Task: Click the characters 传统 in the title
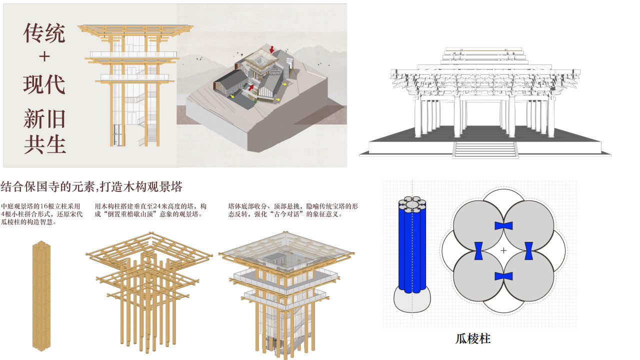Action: pyautogui.click(x=44, y=33)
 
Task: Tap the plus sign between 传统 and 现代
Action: pyautogui.click(x=44, y=56)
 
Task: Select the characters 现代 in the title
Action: pyautogui.click(x=44, y=84)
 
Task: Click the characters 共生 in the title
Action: pyautogui.click(x=45, y=144)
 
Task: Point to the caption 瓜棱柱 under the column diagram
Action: pyautogui.click(x=473, y=339)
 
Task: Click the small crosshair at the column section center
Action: pyautogui.click(x=503, y=250)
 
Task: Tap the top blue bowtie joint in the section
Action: pyautogui.click(x=503, y=225)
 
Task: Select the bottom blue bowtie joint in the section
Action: pyautogui.click(x=503, y=276)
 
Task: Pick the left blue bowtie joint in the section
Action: pyautogui.click(x=478, y=251)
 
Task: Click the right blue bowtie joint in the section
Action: pyautogui.click(x=528, y=251)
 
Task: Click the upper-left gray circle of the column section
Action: pyautogui.click(x=478, y=225)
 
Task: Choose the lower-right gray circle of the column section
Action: pyautogui.click(x=528, y=276)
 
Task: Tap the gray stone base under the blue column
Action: pyautogui.click(x=412, y=301)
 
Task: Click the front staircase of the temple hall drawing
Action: pyautogui.click(x=485, y=149)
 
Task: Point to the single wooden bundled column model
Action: pyautogui.click(x=41, y=295)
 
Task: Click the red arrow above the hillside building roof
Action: pyautogui.click(x=271, y=49)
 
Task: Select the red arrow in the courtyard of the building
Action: pyautogui.click(x=251, y=87)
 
